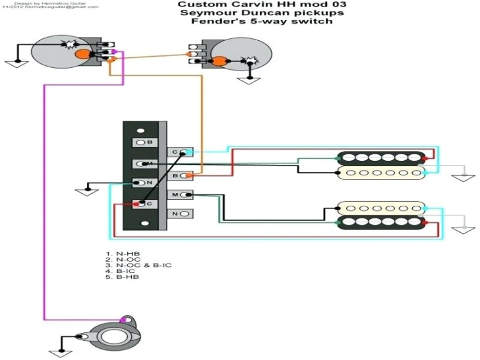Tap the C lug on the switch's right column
[x=179, y=153]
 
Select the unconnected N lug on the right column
[x=179, y=214]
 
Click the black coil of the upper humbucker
[x=382, y=159]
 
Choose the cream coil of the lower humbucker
[x=382, y=208]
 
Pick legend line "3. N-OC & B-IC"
[x=132, y=265]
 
